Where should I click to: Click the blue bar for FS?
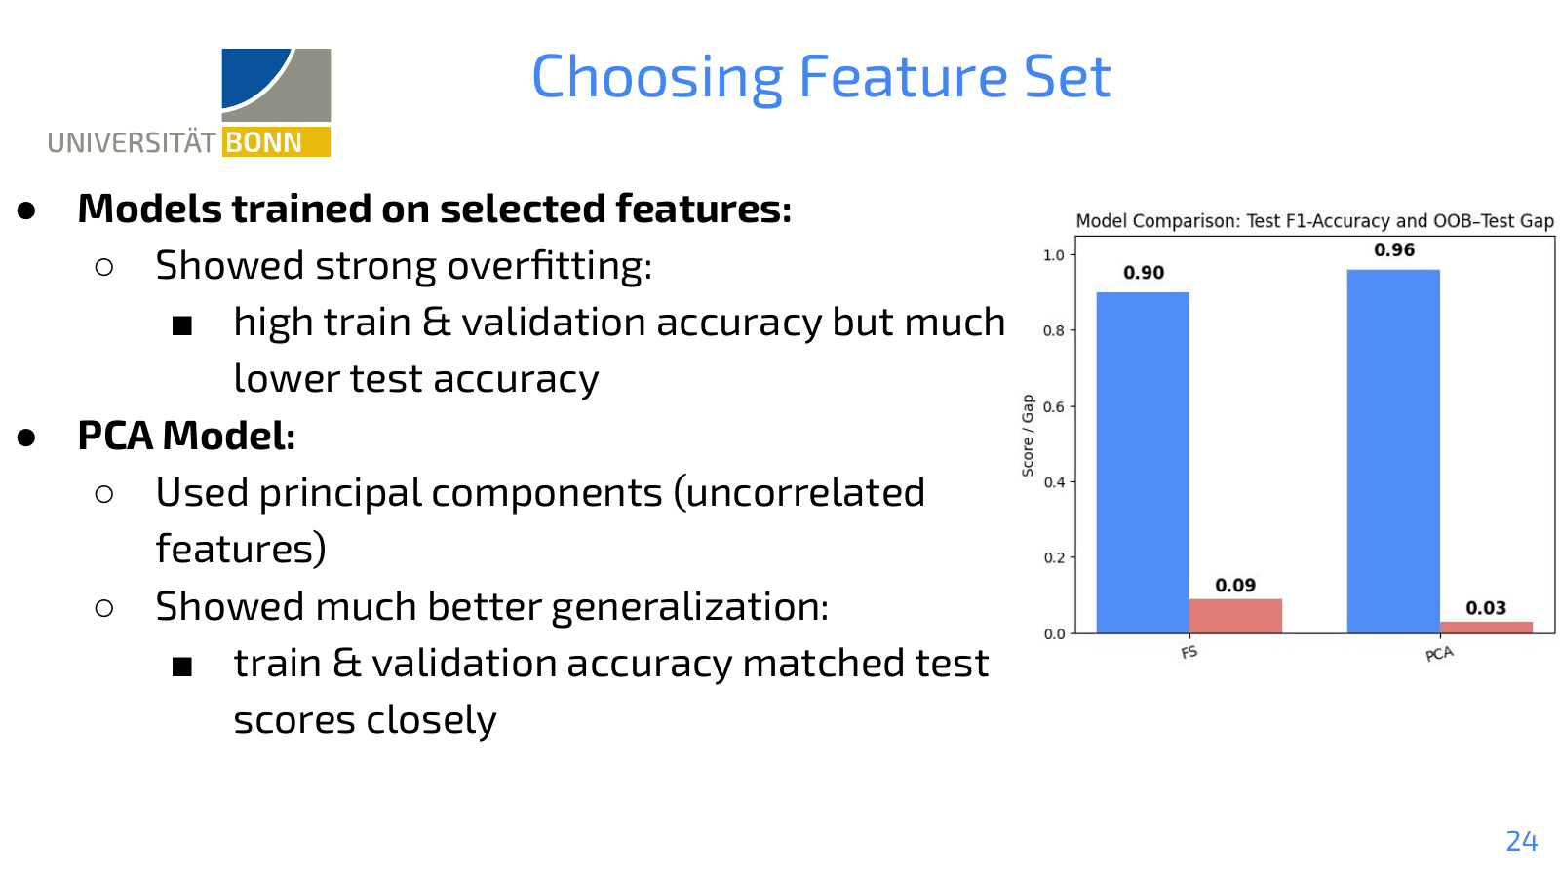tap(1142, 463)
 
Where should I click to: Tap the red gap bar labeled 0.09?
tap(1234, 616)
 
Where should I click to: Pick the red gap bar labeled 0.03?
tap(1485, 627)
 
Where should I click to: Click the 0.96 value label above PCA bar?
tap(1393, 249)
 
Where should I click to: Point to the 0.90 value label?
tap(1143, 273)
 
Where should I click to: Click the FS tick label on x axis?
tap(1189, 652)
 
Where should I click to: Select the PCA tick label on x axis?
tap(1438, 654)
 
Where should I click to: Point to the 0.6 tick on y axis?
tap(1053, 406)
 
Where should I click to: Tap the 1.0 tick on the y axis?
tap(1053, 255)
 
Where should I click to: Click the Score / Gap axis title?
tap(1028, 436)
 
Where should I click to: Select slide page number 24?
tap(1521, 841)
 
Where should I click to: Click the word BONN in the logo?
tap(264, 142)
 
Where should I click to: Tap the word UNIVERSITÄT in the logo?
tap(131, 143)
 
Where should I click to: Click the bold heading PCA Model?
tap(186, 436)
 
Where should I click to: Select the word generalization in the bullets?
tap(689, 607)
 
